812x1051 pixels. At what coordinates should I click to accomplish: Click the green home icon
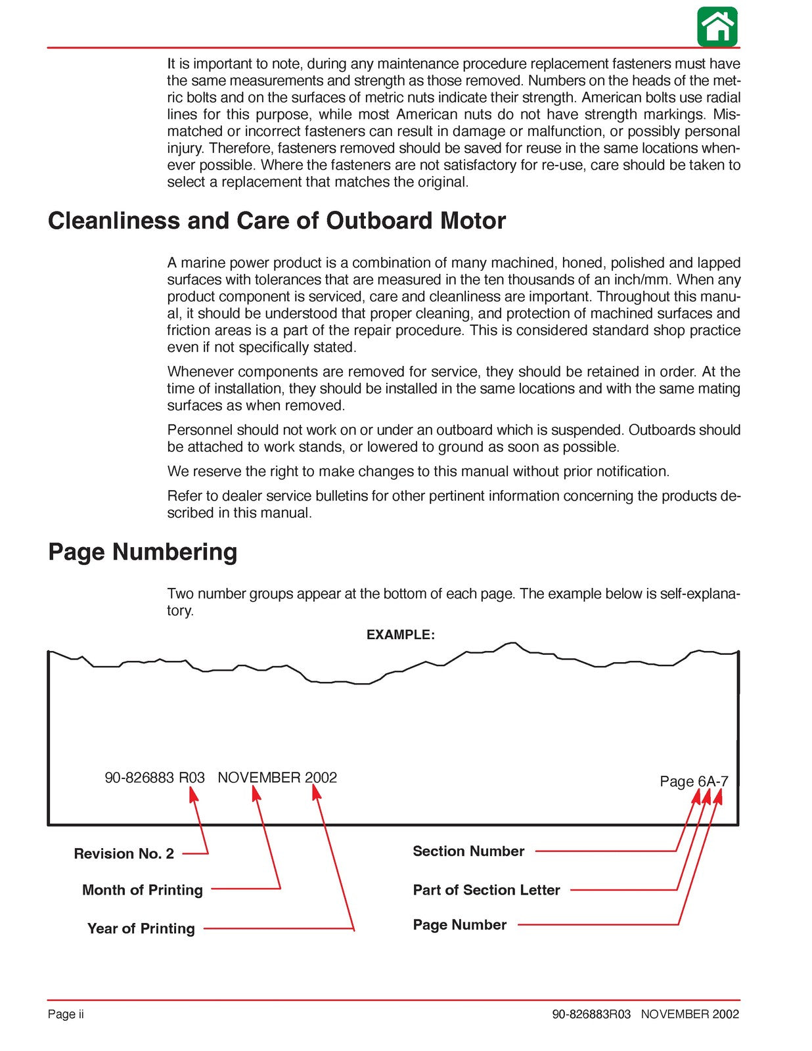click(x=717, y=27)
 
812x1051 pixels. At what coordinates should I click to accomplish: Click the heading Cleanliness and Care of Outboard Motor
click(x=277, y=221)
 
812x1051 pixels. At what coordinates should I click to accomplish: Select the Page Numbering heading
click(x=143, y=552)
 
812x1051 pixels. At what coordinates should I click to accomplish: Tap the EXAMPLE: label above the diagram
click(x=400, y=635)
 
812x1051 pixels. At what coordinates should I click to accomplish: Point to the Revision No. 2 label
click(x=124, y=854)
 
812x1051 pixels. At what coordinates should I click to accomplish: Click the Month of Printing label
click(x=142, y=890)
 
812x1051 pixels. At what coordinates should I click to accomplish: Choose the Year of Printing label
click(x=141, y=929)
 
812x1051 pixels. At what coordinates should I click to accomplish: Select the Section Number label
click(x=468, y=851)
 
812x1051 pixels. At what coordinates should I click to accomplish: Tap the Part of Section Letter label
click(x=486, y=890)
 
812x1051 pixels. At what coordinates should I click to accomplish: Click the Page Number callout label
click(x=459, y=925)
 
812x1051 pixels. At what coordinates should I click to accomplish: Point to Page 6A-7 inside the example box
click(x=694, y=782)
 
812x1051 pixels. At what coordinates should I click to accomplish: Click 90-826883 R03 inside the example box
click(x=154, y=778)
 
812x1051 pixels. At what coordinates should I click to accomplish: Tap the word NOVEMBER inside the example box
click(x=259, y=778)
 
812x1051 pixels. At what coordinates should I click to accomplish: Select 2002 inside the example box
click(x=321, y=778)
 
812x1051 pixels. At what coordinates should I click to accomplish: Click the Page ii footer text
click(x=66, y=1014)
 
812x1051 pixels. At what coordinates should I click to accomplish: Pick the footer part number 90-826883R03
click(x=591, y=1014)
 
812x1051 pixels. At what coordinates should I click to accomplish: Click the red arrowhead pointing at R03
click(x=192, y=795)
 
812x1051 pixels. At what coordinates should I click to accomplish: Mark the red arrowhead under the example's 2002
click(x=316, y=794)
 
